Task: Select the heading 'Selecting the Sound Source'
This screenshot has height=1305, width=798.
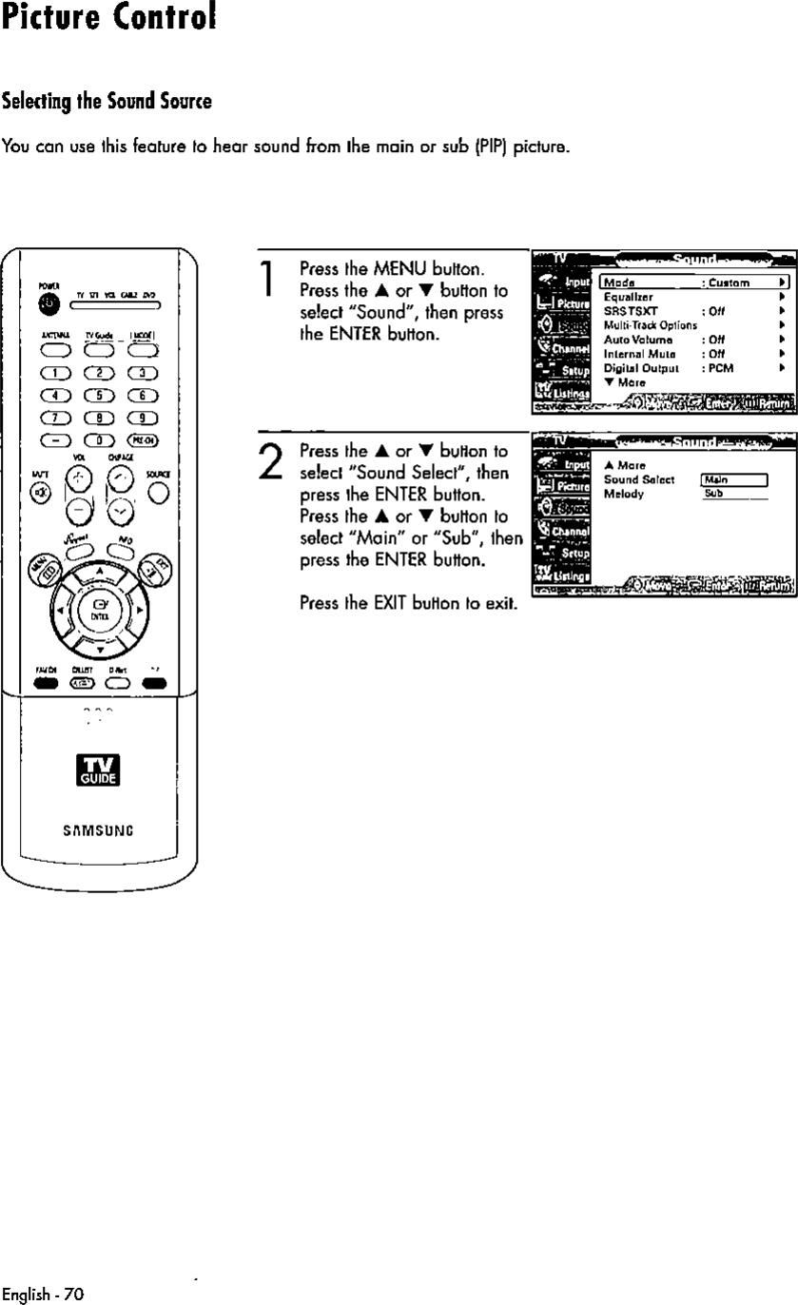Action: coord(107,101)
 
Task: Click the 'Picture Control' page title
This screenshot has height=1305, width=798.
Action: coord(107,20)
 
